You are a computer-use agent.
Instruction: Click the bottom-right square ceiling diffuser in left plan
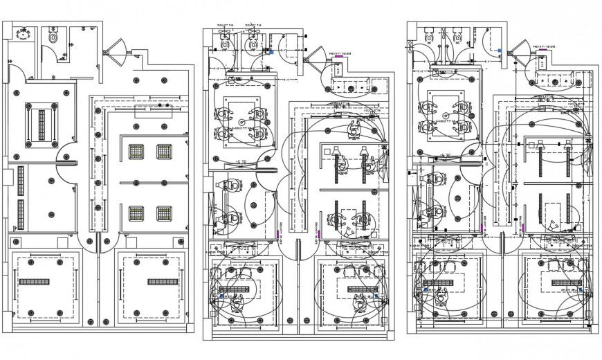point(164,213)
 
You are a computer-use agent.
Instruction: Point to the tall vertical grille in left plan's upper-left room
point(42,125)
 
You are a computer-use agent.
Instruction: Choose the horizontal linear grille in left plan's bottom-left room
point(33,282)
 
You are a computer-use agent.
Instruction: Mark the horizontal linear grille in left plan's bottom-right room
point(162,282)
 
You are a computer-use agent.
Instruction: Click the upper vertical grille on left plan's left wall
point(21,181)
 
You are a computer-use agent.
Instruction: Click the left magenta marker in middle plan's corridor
point(278,235)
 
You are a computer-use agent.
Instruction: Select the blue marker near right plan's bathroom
point(499,51)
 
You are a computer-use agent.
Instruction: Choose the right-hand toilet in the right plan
point(457,37)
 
